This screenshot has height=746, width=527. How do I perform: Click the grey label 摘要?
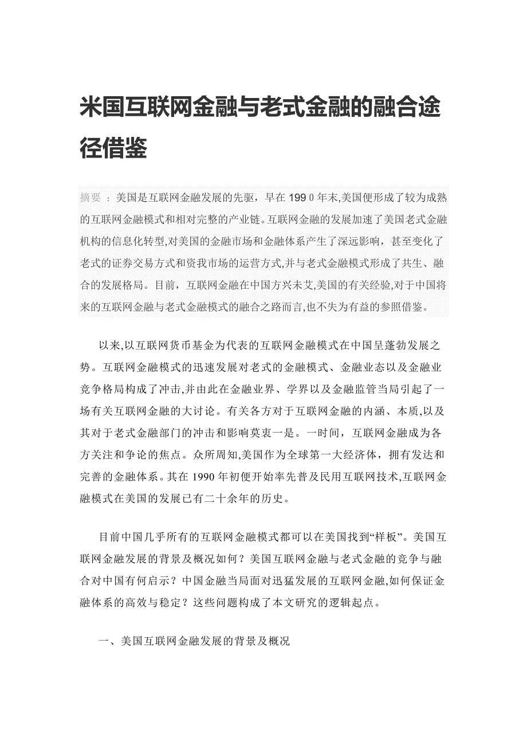[91, 198]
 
